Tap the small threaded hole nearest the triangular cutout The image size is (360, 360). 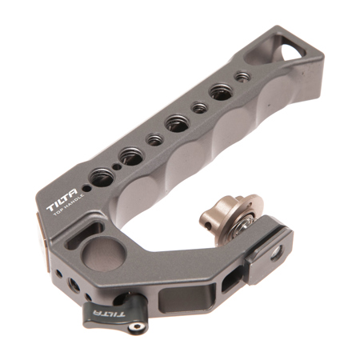[242, 77]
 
